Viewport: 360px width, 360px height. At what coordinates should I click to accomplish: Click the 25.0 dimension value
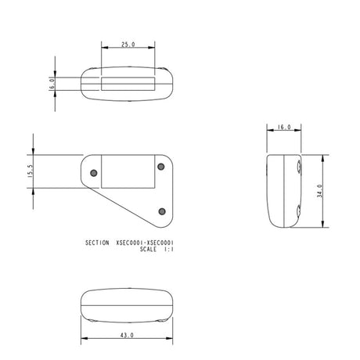tap(128, 45)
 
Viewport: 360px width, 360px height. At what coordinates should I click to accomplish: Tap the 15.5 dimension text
tap(31, 171)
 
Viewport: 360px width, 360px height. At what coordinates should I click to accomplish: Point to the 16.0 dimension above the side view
tap(283, 127)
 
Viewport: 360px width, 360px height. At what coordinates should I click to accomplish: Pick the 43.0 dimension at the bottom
tap(128, 335)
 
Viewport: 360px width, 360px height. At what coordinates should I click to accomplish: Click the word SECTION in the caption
tap(98, 243)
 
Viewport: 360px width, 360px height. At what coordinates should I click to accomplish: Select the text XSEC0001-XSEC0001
tap(144, 243)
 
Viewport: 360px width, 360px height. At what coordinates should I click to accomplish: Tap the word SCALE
tap(149, 250)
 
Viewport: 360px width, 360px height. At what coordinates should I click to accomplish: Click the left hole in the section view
tap(93, 171)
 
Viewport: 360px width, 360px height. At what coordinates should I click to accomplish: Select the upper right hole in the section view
tap(160, 166)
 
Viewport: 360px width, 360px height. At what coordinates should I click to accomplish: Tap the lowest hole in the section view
tap(161, 211)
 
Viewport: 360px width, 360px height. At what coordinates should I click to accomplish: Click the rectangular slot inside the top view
tap(128, 81)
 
